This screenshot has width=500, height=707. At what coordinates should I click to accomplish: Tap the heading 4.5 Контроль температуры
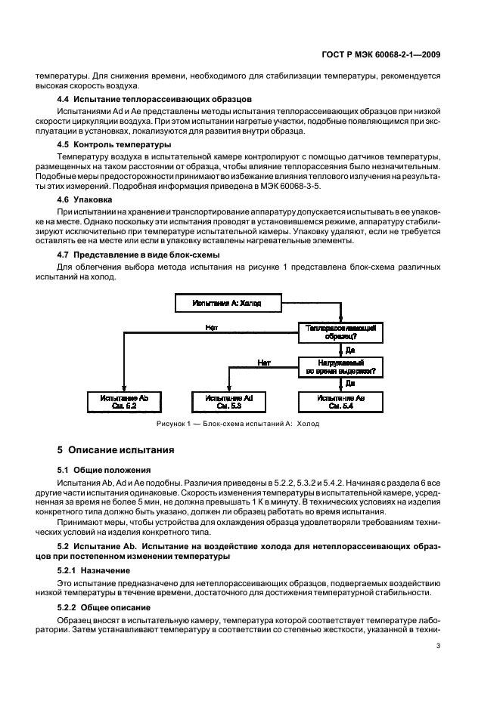114,144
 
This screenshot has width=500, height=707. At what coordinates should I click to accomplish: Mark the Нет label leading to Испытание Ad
263,362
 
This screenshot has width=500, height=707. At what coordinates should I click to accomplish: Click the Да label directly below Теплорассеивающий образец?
349,350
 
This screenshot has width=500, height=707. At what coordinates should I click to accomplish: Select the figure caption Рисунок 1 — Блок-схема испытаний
237,424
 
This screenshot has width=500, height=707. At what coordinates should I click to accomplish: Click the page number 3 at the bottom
439,646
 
